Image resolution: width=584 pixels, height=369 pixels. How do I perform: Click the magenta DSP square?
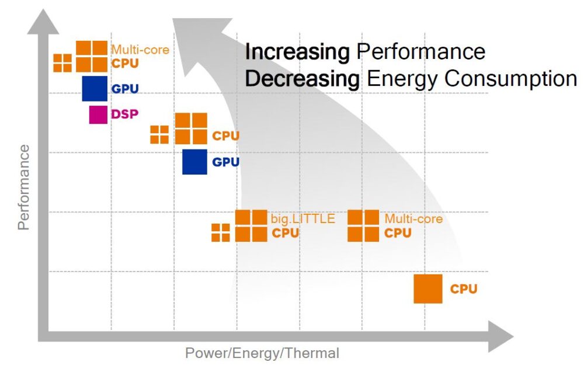[98, 114]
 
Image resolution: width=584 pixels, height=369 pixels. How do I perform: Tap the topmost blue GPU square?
[95, 89]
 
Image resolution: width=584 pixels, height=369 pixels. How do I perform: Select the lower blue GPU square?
[194, 162]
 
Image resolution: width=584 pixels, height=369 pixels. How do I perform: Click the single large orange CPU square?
[428, 289]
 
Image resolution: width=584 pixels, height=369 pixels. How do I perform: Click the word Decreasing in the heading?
[302, 78]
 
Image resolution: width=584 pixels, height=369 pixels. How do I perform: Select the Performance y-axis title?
[23, 187]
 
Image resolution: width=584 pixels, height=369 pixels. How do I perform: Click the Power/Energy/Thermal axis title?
[262, 353]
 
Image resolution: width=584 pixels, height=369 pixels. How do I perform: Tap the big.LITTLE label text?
[303, 219]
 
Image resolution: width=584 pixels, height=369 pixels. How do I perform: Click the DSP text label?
[125, 114]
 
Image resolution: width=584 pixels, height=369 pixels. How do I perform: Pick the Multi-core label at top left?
[140, 50]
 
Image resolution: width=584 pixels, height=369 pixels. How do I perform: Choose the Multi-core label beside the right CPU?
[413, 219]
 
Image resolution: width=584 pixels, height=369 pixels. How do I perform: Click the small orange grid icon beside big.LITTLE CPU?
[220, 232]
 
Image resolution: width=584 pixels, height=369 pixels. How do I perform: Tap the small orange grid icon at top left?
[62, 63]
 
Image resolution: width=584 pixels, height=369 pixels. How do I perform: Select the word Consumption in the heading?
[506, 78]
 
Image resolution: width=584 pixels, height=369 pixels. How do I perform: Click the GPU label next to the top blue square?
[125, 89]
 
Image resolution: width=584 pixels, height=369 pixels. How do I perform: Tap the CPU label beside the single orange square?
[464, 289]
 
